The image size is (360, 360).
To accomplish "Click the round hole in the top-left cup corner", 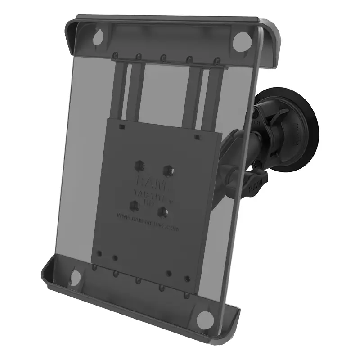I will (x=98, y=39).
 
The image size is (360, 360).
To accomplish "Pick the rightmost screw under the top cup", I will (x=216, y=60).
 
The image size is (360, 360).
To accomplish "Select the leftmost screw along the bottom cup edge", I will (x=95, y=268).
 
